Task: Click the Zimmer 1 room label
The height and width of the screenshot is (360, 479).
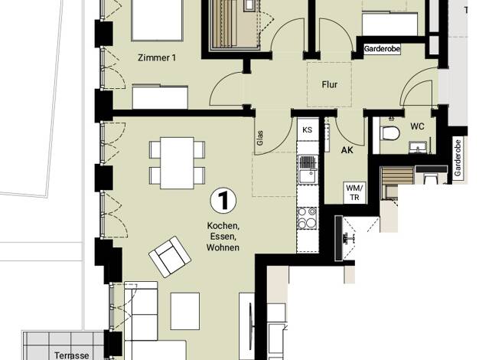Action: [157, 57]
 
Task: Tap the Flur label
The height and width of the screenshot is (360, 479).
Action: [330, 84]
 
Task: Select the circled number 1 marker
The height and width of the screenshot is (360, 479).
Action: [223, 201]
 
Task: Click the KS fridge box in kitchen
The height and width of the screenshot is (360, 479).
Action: [308, 129]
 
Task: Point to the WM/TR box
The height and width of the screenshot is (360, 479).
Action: [355, 193]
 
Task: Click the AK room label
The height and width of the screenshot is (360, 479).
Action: [347, 150]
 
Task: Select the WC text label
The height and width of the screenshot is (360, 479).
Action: [418, 126]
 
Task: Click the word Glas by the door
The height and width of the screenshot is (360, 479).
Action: [260, 138]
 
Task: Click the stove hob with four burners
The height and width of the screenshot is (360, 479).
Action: [308, 218]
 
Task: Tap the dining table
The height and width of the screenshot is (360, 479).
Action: [178, 162]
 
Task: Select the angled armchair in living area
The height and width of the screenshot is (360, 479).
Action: [170, 257]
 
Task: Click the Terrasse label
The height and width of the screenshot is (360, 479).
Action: [72, 355]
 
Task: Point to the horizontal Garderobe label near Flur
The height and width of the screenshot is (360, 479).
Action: [382, 48]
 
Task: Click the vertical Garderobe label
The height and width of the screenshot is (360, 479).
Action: [458, 158]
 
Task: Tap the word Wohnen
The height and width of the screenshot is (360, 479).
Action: [223, 247]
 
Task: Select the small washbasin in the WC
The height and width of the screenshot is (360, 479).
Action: [418, 147]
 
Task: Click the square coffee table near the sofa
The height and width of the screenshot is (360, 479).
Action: [185, 311]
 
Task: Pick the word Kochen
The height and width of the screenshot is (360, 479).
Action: [223, 226]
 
